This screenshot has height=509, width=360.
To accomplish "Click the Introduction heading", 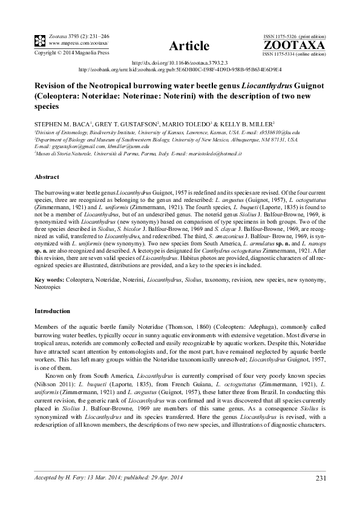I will point(52,311).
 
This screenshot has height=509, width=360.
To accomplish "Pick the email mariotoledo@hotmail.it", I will point(215,154).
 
